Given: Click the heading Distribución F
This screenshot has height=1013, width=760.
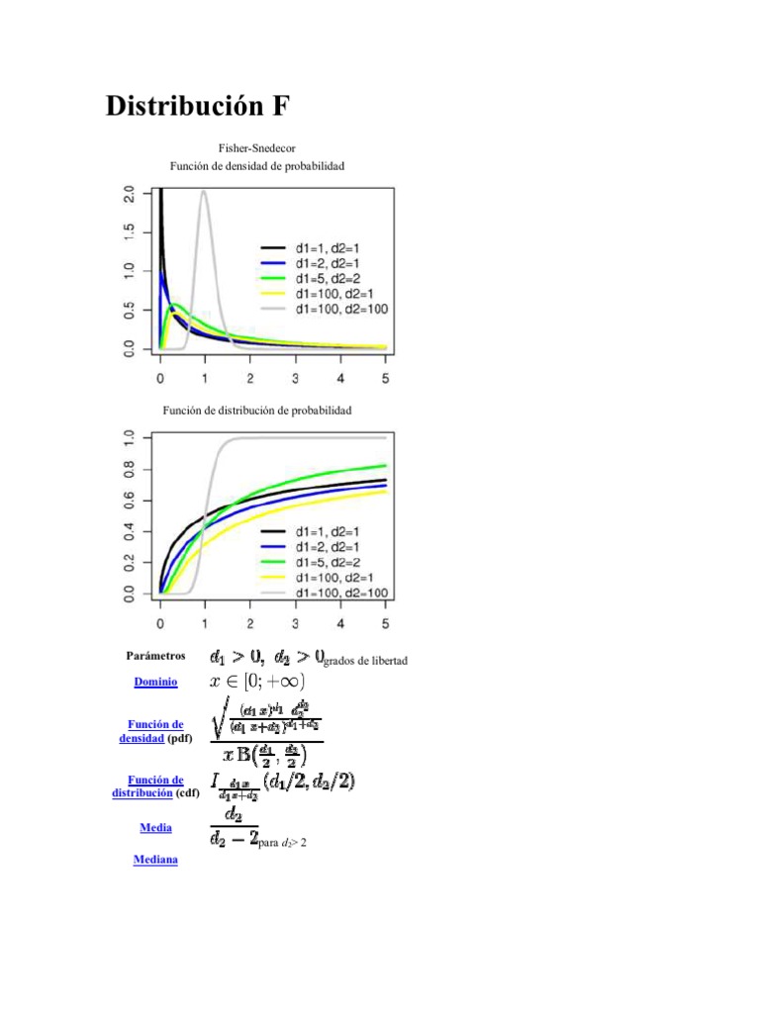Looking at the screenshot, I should coord(198,106).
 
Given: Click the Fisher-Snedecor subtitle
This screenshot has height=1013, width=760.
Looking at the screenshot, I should coord(256,147).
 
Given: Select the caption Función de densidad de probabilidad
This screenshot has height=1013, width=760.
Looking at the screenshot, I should coord(256,167).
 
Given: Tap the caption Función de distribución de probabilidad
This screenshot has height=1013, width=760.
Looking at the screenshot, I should coord(256,409).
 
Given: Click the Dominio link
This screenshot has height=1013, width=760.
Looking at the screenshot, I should coord(155,683).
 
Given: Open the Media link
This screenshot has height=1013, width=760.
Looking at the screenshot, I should coord(155,827).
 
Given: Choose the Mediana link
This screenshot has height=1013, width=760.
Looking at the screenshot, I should coord(155,860).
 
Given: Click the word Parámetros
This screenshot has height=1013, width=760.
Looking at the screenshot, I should coord(155,656).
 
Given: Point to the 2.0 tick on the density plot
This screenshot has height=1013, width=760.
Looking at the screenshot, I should coord(129,194).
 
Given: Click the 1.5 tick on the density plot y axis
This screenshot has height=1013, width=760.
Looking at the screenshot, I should coord(129,232).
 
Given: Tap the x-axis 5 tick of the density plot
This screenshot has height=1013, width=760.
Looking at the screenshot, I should coord(386,379).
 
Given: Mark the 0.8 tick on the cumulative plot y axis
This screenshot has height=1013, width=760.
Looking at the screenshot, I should coord(129,477).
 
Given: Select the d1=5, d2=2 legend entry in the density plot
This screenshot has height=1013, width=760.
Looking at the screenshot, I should coord(324,278).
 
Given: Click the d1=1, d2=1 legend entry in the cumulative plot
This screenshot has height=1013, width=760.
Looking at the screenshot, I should coord(324,530).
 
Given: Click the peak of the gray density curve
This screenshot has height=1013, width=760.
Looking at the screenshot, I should coord(204,192).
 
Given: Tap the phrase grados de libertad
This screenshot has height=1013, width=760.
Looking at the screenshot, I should coord(367,661).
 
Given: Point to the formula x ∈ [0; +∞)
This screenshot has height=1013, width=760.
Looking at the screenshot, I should coord(257,682).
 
